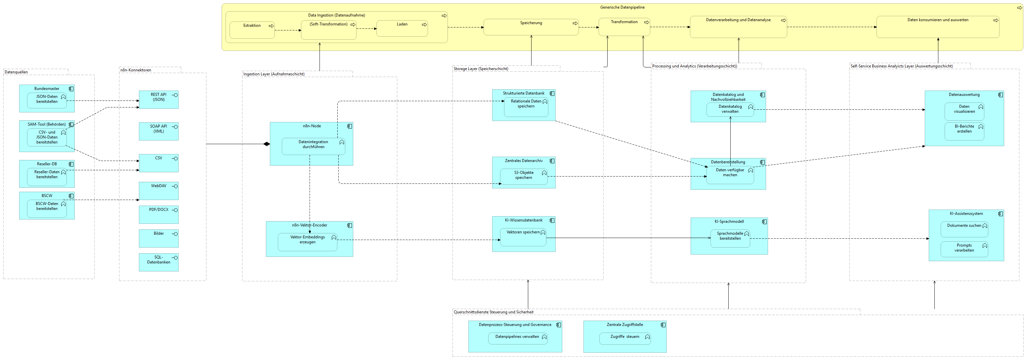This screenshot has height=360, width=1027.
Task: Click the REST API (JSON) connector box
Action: [158, 100]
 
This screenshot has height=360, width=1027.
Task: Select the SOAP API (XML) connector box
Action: [158, 131]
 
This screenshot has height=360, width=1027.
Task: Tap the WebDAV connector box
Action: [158, 191]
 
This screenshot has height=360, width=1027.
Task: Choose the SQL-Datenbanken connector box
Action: [158, 262]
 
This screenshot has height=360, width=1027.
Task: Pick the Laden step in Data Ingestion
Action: [402, 28]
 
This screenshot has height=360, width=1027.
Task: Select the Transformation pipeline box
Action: [624, 27]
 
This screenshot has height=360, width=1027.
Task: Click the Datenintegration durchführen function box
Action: [313, 146]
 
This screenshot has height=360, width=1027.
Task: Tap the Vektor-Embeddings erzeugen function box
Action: [307, 242]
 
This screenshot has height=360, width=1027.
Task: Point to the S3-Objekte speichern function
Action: [524, 177]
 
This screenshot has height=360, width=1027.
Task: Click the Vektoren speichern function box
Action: [523, 237]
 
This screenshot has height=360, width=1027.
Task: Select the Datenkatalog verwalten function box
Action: [730, 110]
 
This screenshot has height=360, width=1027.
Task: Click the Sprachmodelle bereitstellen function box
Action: [730, 238]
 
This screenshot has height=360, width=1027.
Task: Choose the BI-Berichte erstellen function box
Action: [964, 131]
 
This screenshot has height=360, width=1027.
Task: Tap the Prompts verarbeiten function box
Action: [964, 249]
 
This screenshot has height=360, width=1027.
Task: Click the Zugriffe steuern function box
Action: [625, 339]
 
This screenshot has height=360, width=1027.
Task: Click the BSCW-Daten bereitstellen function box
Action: [47, 209]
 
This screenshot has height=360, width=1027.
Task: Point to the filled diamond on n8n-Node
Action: [267, 144]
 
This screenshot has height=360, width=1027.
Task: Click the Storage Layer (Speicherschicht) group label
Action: [481, 68]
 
